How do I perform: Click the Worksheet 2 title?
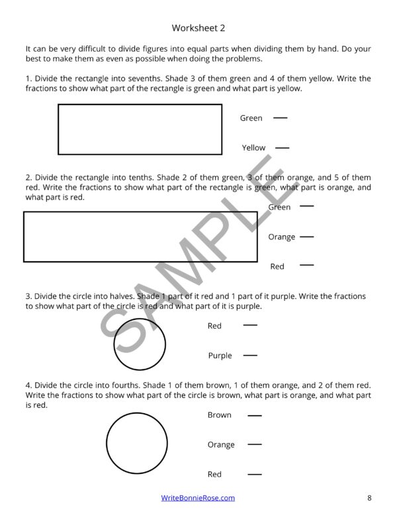tap(198, 28)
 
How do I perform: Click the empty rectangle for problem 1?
tap(140, 129)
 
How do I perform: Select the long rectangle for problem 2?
tap(140, 237)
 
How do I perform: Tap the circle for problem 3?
tap(140, 344)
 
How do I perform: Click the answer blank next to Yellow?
tap(282, 147)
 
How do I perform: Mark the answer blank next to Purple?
tap(250, 356)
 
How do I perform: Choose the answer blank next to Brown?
tap(254, 416)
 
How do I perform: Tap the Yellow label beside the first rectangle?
tap(253, 148)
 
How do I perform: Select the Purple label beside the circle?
tap(220, 356)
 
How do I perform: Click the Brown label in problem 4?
tap(219, 415)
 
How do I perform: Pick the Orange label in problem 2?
tap(281, 237)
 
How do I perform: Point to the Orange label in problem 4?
tap(220, 445)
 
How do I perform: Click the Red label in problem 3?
tap(214, 326)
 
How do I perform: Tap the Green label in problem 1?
tap(251, 118)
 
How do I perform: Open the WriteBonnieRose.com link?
tap(198, 498)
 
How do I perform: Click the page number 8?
tap(369, 498)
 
